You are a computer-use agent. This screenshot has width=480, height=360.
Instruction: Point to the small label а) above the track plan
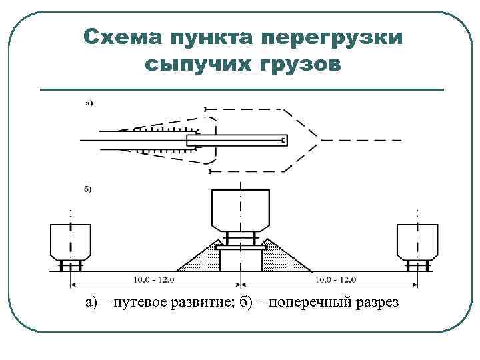pos(89,103)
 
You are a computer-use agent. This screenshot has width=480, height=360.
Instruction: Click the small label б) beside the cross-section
pos(88,190)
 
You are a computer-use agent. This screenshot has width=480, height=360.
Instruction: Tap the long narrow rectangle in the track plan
pos(237,140)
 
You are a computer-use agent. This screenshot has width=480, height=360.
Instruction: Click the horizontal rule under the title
pos(242,89)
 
